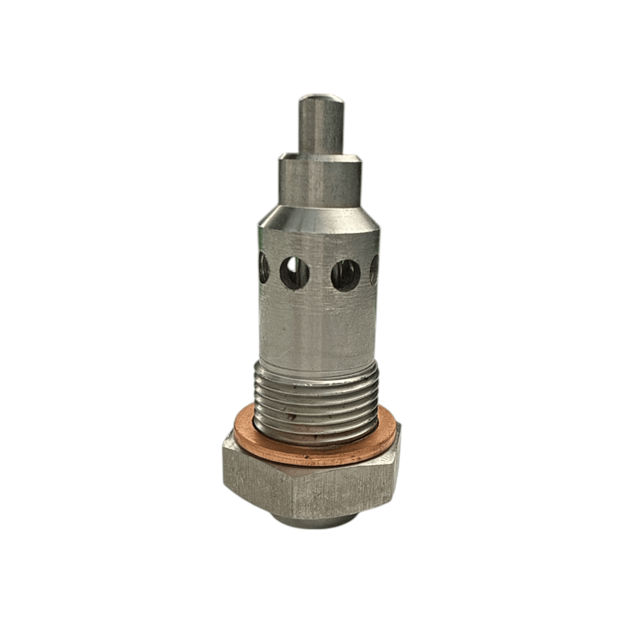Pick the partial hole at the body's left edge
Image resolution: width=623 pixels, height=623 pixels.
(x=264, y=268)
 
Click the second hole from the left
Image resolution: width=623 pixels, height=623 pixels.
(x=294, y=272)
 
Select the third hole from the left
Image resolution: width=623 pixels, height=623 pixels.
(x=345, y=275)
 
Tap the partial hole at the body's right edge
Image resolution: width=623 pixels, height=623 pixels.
(x=374, y=270)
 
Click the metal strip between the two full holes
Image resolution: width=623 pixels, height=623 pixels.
(x=320, y=274)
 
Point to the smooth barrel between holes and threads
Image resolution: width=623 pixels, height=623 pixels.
(x=318, y=328)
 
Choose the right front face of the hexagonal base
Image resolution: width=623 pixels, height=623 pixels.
(x=341, y=492)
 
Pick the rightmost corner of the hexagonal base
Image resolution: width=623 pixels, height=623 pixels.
(x=400, y=452)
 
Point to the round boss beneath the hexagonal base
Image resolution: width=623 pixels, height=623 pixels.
(x=315, y=521)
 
